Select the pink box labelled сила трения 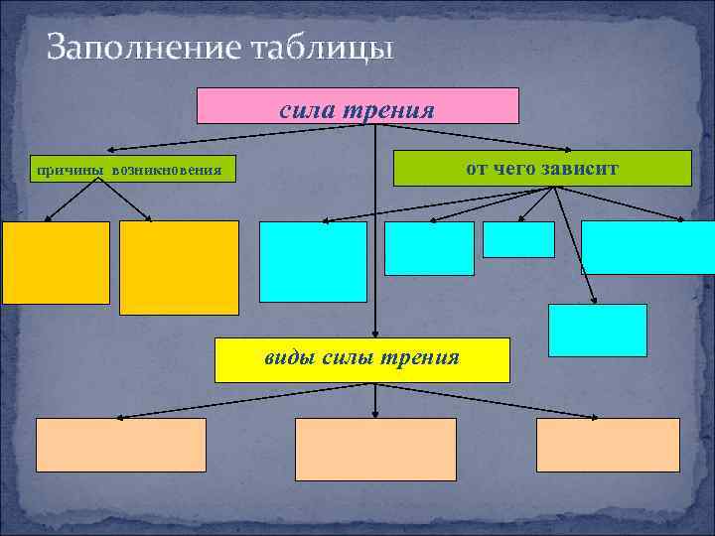[x=357, y=106]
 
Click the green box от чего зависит [x=542, y=169]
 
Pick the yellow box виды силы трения [x=362, y=359]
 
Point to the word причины [x=71, y=171]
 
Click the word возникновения [x=167, y=171]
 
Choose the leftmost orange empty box [x=56, y=262]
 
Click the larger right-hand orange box [x=179, y=267]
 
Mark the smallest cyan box [x=518, y=239]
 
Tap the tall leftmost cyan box [x=313, y=261]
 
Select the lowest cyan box [x=598, y=331]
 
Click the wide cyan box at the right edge [x=647, y=246]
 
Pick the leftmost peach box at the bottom [x=121, y=445]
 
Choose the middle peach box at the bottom [x=375, y=449]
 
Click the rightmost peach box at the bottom [x=609, y=445]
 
